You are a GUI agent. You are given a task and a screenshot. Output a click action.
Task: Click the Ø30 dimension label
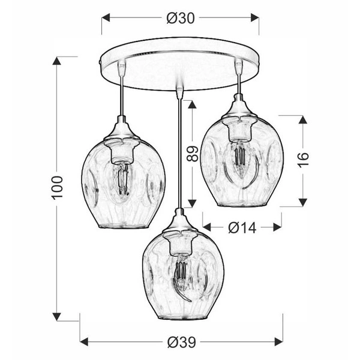coord(180,18)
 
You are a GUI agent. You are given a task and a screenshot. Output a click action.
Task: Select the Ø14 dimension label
coord(242,227)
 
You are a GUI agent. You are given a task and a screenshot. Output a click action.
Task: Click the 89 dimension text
coord(192,154)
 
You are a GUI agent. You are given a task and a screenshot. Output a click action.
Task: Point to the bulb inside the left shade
coord(121,180)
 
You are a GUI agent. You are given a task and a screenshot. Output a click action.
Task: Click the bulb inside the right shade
coord(238,158)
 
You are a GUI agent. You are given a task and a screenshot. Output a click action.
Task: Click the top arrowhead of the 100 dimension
coord(58,61)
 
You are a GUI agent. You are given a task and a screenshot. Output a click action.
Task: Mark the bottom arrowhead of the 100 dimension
coord(58,317)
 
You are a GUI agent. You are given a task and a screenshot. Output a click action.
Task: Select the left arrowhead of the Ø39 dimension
coord(84,341)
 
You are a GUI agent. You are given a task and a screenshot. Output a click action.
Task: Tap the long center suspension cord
coord(178,150)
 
